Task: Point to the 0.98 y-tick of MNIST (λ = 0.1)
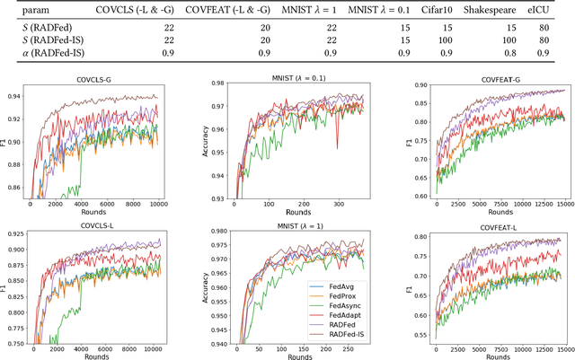click(218, 84)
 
